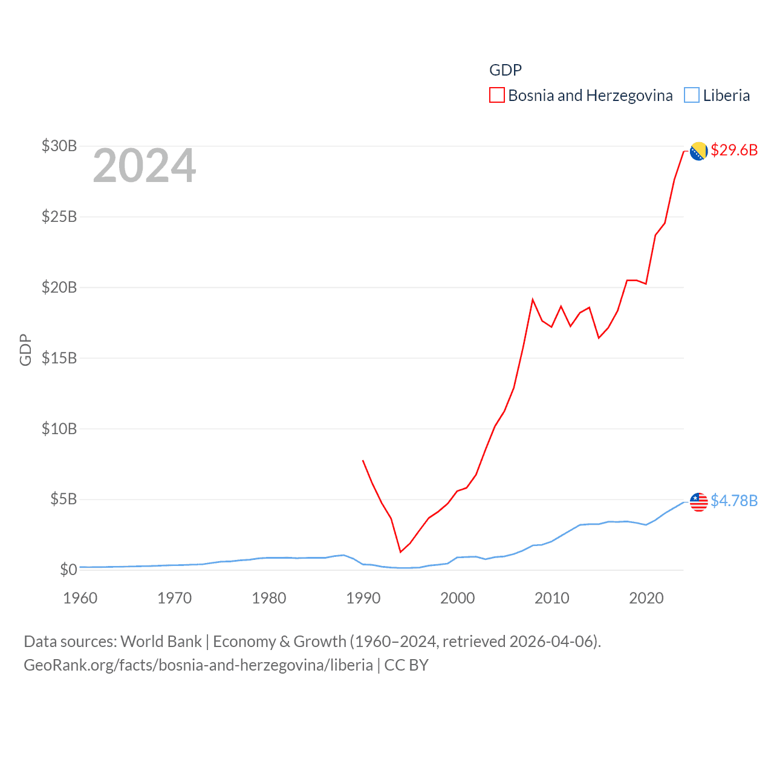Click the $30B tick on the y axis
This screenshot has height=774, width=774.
coord(59,146)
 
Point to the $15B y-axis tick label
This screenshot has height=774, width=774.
coord(59,358)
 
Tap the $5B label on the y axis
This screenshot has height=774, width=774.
coord(63,499)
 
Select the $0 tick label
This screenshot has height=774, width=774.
coord(68,570)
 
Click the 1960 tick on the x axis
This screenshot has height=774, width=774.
coord(80,598)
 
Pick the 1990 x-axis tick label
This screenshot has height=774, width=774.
coord(363,598)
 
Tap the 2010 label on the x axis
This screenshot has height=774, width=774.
coord(551,598)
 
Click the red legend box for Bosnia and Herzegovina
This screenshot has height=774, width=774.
coord(496,96)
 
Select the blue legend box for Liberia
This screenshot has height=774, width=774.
coord(692,96)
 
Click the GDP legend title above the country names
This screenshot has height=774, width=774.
coord(505,70)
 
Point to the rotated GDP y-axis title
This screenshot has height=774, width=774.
coord(25,350)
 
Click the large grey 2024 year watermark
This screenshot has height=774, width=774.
coord(144,166)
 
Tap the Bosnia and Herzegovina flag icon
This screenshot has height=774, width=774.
coord(698,151)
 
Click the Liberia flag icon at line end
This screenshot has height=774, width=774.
coord(698,502)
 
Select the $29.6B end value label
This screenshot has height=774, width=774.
coord(734,150)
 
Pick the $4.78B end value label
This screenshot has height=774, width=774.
coord(734,501)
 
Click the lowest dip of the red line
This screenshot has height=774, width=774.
coord(400,551)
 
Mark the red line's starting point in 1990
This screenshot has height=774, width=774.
coord(363,461)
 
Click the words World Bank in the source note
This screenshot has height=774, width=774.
coord(161,642)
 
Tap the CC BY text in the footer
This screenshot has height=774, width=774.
coord(406,665)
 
